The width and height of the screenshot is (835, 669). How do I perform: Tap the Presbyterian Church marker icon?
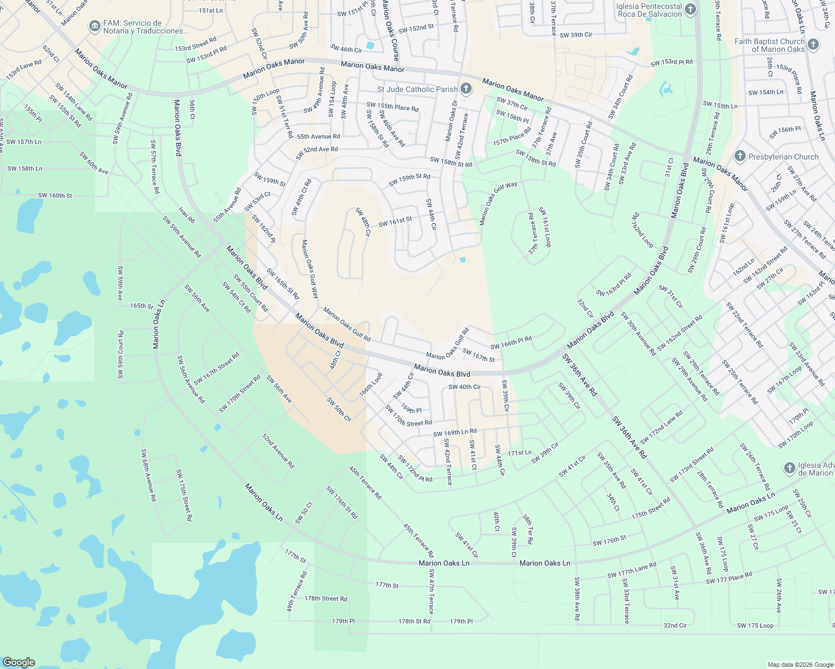740,157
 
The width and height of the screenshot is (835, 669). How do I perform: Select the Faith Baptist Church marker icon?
813,45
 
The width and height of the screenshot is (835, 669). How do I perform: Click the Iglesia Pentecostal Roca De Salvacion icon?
690,9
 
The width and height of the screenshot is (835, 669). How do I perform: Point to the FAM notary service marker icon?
94,26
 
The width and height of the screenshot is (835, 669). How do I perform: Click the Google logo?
18,662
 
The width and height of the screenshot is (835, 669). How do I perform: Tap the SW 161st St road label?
395,222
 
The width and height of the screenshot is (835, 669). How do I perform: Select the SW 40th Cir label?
464,387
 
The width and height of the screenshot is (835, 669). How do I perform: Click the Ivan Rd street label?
186,215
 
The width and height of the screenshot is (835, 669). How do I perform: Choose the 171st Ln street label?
520,453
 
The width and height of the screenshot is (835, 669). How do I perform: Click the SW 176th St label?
610,541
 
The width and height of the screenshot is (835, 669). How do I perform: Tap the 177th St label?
387,585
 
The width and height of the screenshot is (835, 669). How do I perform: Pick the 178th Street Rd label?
326,599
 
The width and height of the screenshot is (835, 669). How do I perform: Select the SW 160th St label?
55,196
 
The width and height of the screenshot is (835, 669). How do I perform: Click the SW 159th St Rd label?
410,180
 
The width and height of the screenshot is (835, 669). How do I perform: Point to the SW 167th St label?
478,355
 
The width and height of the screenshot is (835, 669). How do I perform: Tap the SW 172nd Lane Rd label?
661,428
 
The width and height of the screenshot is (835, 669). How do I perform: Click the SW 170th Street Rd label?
408,416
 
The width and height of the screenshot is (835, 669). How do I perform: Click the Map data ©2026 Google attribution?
800,665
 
